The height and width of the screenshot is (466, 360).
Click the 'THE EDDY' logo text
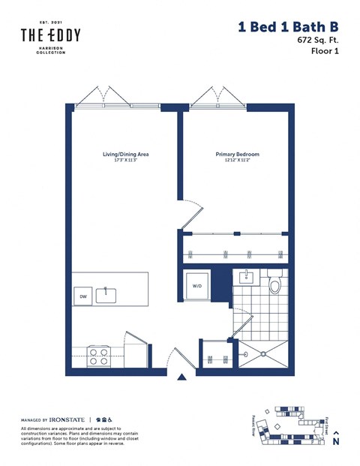pyautogui.click(x=50, y=35)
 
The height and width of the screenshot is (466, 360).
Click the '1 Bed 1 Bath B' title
pyautogui.click(x=288, y=27)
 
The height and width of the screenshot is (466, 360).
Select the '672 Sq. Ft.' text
pyautogui.click(x=314, y=42)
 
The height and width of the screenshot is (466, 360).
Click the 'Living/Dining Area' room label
pyautogui.click(x=125, y=154)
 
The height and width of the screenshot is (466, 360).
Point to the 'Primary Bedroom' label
pyautogui.click(x=237, y=154)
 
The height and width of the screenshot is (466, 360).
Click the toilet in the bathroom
pyautogui.click(x=274, y=283)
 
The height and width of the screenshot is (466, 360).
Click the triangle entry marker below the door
pyautogui.click(x=181, y=378)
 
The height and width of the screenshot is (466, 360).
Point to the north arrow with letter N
pyautogui.click(x=335, y=439)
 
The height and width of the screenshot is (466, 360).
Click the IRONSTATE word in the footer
pyautogui.click(x=68, y=419)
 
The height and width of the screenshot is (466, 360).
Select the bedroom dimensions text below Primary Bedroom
pyautogui.click(x=237, y=161)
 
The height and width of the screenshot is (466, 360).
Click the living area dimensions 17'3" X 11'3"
pyautogui.click(x=125, y=161)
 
